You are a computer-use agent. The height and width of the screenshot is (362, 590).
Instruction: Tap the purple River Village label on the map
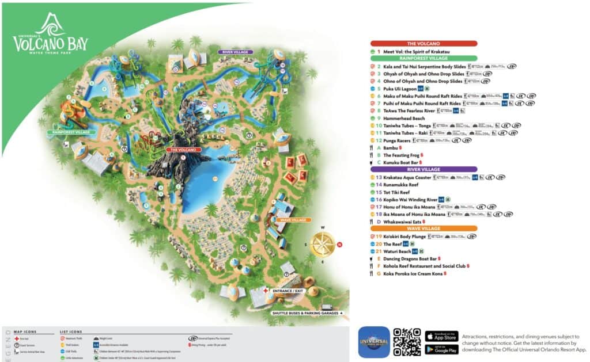235,52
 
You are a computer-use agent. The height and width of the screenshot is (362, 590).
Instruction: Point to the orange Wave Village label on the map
294,220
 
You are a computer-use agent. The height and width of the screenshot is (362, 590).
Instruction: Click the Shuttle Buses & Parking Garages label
307,313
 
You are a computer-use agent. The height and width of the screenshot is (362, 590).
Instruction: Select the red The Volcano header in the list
423,43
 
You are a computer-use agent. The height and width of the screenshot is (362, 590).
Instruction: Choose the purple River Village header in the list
423,169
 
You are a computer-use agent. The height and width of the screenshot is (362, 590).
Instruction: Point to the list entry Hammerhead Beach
404,118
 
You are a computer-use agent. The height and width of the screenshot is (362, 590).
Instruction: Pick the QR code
407,342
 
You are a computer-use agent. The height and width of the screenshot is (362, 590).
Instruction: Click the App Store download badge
441,336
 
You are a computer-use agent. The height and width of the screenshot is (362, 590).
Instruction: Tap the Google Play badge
441,349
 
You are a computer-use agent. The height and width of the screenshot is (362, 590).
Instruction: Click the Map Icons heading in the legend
25,331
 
